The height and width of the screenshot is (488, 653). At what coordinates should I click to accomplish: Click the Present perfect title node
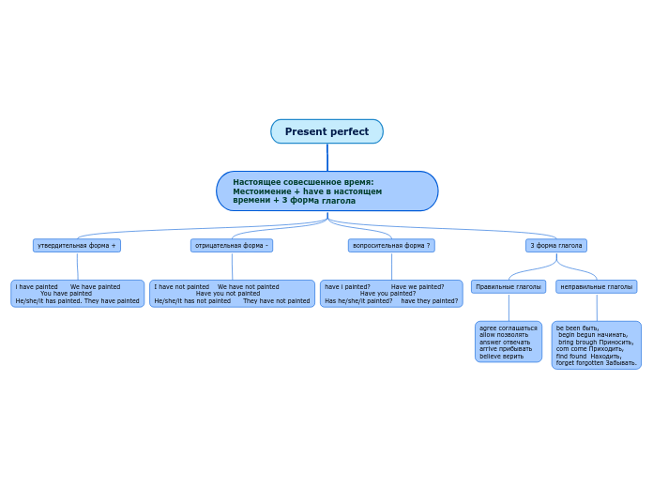(x=326, y=131)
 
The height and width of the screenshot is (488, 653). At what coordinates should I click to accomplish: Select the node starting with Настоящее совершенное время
(x=326, y=191)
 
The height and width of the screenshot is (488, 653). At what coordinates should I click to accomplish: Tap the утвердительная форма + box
(x=77, y=245)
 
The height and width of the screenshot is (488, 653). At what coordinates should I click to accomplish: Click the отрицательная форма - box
(x=232, y=245)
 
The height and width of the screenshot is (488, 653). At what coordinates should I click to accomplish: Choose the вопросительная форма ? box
(x=391, y=245)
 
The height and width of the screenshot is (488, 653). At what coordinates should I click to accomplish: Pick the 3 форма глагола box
(x=555, y=245)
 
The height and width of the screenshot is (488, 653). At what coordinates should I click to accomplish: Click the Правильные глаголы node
(x=509, y=286)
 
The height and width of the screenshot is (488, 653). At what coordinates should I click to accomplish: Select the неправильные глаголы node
(x=596, y=286)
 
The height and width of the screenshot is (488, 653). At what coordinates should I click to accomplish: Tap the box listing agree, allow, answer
(x=509, y=342)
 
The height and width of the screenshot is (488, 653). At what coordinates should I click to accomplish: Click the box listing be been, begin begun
(x=596, y=344)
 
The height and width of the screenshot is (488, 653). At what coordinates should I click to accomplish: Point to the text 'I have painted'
(x=37, y=287)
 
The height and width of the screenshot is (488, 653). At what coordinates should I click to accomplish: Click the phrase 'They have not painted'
(x=277, y=301)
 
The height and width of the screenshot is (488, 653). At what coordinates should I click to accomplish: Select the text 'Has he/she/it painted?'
(x=358, y=301)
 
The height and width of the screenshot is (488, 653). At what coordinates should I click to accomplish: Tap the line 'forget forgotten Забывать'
(x=596, y=362)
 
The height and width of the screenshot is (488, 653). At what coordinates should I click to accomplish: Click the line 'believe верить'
(x=502, y=357)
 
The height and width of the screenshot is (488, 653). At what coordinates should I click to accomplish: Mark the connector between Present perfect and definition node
(x=327, y=157)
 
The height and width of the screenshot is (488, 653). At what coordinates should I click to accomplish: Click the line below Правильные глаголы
(x=509, y=307)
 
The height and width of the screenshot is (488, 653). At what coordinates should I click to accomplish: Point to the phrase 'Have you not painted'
(x=228, y=294)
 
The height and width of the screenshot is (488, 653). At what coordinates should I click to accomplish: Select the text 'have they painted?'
(x=430, y=301)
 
